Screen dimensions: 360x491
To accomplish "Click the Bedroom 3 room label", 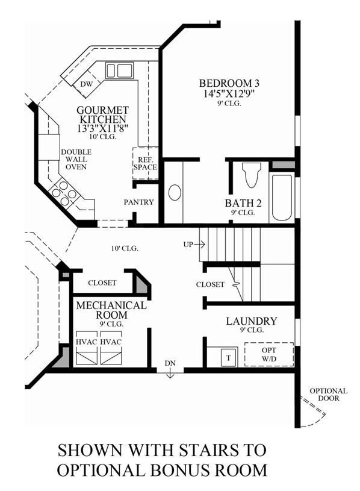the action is pos(229,83).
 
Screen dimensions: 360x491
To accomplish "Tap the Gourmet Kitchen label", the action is pos(102,114).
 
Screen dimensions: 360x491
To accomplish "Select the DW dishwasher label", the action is pos(87,84).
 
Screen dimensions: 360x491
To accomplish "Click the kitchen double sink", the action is pos(119,70).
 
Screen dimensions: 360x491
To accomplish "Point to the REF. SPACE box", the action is pos(145,163).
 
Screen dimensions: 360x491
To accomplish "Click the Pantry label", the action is pos(139,202).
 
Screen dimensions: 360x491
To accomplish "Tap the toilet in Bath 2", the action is pos(252,175).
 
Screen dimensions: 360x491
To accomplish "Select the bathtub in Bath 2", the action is pos(282,197).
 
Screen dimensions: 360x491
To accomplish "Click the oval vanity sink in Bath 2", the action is pos(175,192).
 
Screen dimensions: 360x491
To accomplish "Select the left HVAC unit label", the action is pos(86,342).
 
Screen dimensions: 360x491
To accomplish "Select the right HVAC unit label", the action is pos(111,342).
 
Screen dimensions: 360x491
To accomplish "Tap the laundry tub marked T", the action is pos(229,358).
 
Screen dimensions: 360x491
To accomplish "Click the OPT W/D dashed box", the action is pos(269,354).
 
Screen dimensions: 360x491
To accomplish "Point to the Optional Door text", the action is pos(329,395).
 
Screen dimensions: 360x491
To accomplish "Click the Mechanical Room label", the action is pos(111,310).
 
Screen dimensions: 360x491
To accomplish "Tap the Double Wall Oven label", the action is pos(76,160).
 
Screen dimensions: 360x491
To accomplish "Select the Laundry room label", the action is pos(252,321).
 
